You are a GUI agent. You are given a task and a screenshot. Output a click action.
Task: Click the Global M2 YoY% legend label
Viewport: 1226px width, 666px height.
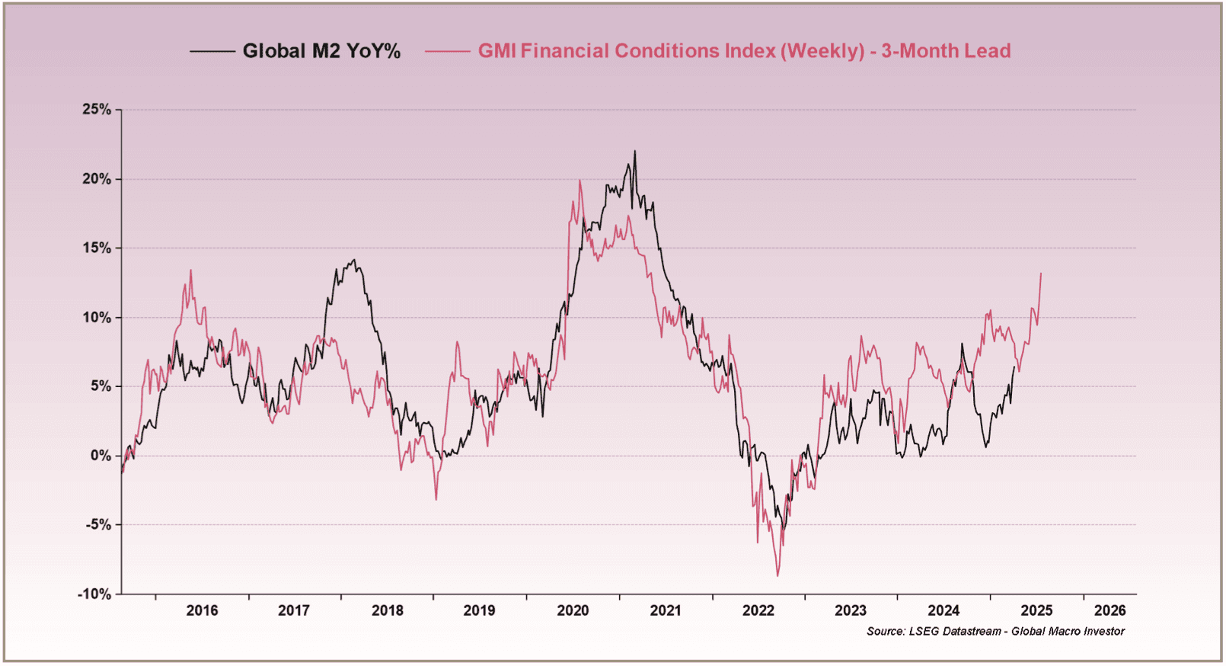pos(321,51)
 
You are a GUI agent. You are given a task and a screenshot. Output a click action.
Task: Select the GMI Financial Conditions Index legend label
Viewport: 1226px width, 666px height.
pos(744,51)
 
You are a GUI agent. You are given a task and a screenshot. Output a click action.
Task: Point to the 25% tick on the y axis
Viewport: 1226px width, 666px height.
pos(97,110)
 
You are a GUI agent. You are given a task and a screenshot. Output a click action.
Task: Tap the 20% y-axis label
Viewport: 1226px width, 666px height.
pos(97,179)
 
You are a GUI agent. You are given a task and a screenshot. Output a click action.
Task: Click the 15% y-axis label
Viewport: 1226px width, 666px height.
pos(97,248)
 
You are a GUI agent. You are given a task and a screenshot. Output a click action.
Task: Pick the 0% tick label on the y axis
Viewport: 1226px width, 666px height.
pos(101,456)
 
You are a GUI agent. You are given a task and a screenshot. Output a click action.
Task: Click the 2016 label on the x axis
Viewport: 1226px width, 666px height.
pos(202,610)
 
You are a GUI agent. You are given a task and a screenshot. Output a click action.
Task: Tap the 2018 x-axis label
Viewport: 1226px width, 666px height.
pos(388,610)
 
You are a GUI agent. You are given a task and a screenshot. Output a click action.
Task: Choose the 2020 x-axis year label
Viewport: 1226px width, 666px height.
pos(573,610)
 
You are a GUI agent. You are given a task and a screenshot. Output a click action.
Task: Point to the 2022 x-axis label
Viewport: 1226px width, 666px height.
pos(758,610)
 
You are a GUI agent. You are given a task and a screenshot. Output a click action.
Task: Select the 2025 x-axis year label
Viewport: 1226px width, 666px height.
pos(1036,610)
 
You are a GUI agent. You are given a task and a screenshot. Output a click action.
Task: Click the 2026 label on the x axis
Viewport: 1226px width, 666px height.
pos(1110,610)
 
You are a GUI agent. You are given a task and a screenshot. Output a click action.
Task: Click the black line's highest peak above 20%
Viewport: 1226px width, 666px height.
pos(635,152)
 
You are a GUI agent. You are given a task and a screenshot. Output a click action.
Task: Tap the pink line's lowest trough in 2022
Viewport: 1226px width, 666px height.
pos(777,575)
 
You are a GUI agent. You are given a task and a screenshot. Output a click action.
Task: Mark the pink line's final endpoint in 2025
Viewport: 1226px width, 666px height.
pos(1041,274)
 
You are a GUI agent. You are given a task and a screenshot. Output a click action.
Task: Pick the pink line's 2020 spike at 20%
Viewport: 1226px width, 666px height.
pos(579,181)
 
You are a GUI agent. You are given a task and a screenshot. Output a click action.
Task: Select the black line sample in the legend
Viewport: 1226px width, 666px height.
pos(212,51)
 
